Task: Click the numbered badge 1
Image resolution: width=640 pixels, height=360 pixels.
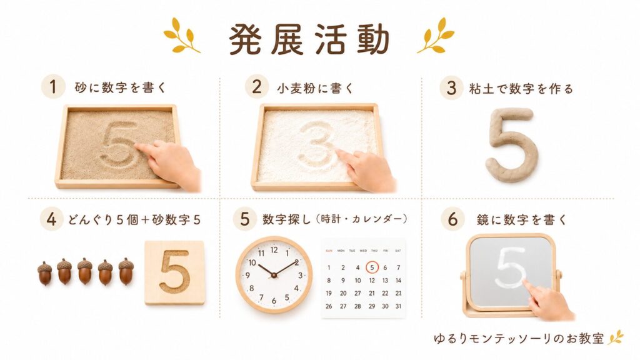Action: (x=53, y=87)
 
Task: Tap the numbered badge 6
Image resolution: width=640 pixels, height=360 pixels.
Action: (x=452, y=219)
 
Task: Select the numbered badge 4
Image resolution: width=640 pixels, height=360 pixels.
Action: (x=52, y=219)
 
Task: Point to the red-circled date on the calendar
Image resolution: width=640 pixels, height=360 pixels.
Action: (x=372, y=267)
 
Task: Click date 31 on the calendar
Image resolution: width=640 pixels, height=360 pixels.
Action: (x=398, y=306)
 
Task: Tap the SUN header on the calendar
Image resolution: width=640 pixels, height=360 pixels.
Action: (x=329, y=251)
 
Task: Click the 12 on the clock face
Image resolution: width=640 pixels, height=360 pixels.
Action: (x=274, y=249)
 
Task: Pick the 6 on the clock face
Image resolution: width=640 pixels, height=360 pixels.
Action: (x=274, y=301)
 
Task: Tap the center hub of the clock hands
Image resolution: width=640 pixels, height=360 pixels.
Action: (x=274, y=276)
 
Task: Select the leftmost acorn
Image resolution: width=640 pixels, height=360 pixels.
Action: (x=45, y=273)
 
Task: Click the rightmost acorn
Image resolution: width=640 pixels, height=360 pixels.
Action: (x=126, y=271)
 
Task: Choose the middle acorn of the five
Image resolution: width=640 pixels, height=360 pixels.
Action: (x=85, y=271)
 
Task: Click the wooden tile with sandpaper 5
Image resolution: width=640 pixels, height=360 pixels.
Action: (x=175, y=272)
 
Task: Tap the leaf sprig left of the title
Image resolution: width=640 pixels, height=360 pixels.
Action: (x=181, y=36)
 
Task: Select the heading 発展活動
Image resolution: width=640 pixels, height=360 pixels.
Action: (x=309, y=39)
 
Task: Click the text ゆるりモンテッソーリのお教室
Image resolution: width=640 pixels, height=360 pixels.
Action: (x=519, y=338)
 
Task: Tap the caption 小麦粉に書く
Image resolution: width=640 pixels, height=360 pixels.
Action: (x=315, y=87)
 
